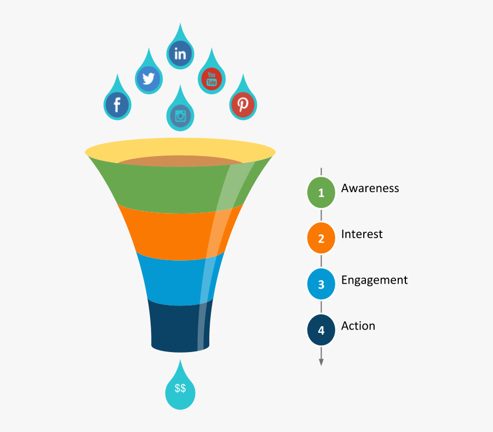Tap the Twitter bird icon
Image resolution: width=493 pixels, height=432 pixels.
pyautogui.click(x=148, y=78)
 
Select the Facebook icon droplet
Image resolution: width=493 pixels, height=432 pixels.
pyautogui.click(x=117, y=101)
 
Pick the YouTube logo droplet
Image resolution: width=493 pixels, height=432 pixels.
pyautogui.click(x=211, y=76)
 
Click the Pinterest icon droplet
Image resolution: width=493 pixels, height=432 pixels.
pyautogui.click(x=243, y=101)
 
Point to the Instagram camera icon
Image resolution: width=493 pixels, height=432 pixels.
pyautogui.click(x=180, y=116)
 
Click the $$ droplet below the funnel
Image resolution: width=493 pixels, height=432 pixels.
pyautogui.click(x=180, y=389)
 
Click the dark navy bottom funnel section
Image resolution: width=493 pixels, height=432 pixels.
pyautogui.click(x=180, y=327)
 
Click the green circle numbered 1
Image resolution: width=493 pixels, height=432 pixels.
pyautogui.click(x=321, y=192)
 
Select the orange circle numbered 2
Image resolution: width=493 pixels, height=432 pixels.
pyautogui.click(x=321, y=238)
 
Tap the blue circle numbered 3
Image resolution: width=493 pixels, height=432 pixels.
pyautogui.click(x=321, y=284)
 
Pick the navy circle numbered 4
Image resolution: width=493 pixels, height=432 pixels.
pyautogui.click(x=321, y=330)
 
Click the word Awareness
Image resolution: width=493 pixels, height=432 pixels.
pyautogui.click(x=370, y=188)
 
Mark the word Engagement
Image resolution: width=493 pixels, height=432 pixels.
pyautogui.click(x=375, y=280)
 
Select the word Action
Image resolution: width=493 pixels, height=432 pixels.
pyautogui.click(x=358, y=326)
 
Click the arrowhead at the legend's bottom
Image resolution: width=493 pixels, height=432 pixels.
pyautogui.click(x=321, y=362)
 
